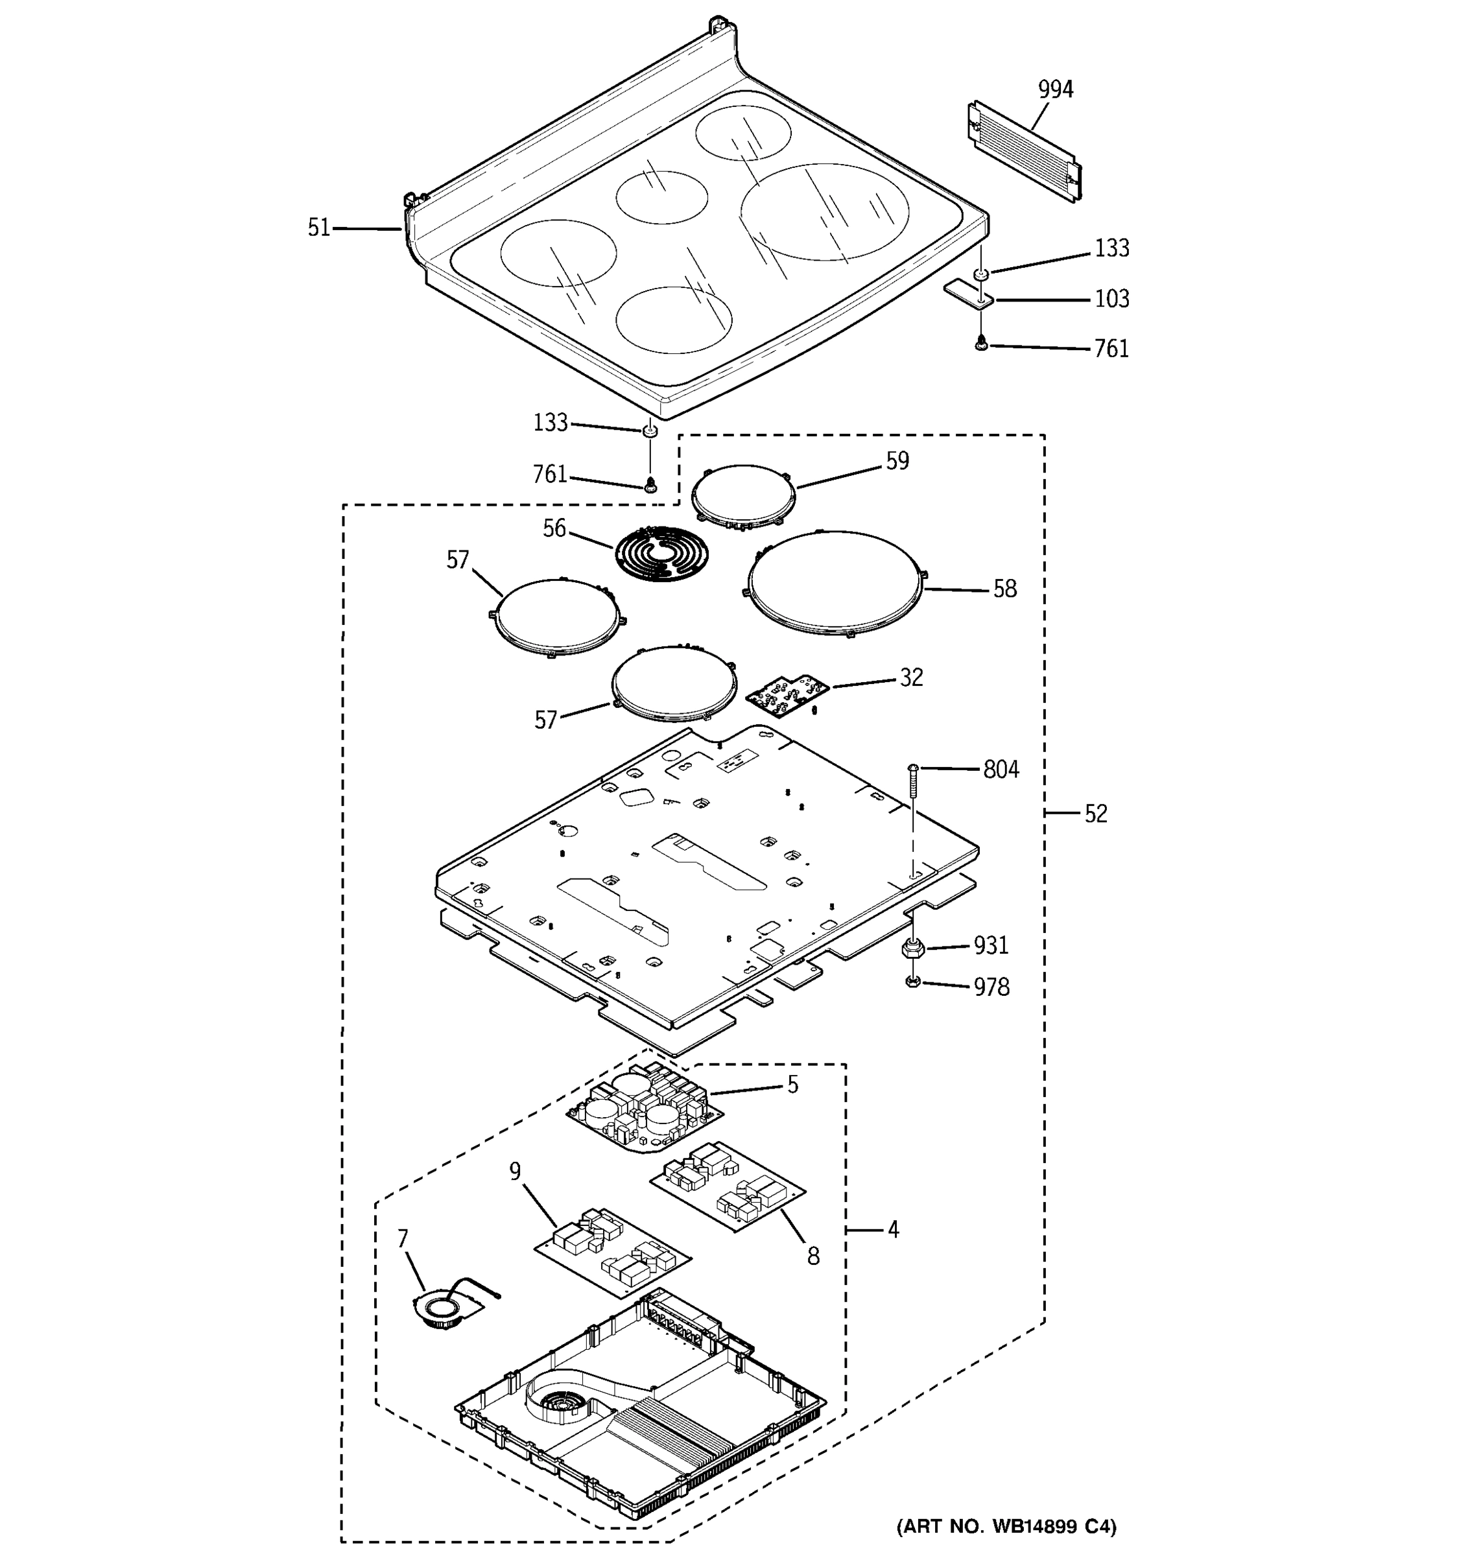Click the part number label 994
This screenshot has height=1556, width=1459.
[x=1055, y=89]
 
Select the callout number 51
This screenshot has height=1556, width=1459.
[x=318, y=228]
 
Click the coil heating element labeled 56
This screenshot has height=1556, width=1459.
[x=662, y=554]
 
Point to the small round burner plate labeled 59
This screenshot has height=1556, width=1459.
[x=744, y=495]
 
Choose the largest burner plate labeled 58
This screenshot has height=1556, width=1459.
[x=835, y=582]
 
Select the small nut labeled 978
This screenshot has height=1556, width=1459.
[x=912, y=982]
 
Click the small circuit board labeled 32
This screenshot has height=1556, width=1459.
[x=787, y=691]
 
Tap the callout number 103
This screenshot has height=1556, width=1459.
[x=1111, y=299]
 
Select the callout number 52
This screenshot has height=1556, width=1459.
[x=1095, y=814]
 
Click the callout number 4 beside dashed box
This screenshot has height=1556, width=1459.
[x=893, y=1230]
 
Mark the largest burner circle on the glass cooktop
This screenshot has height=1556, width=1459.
[x=825, y=211]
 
